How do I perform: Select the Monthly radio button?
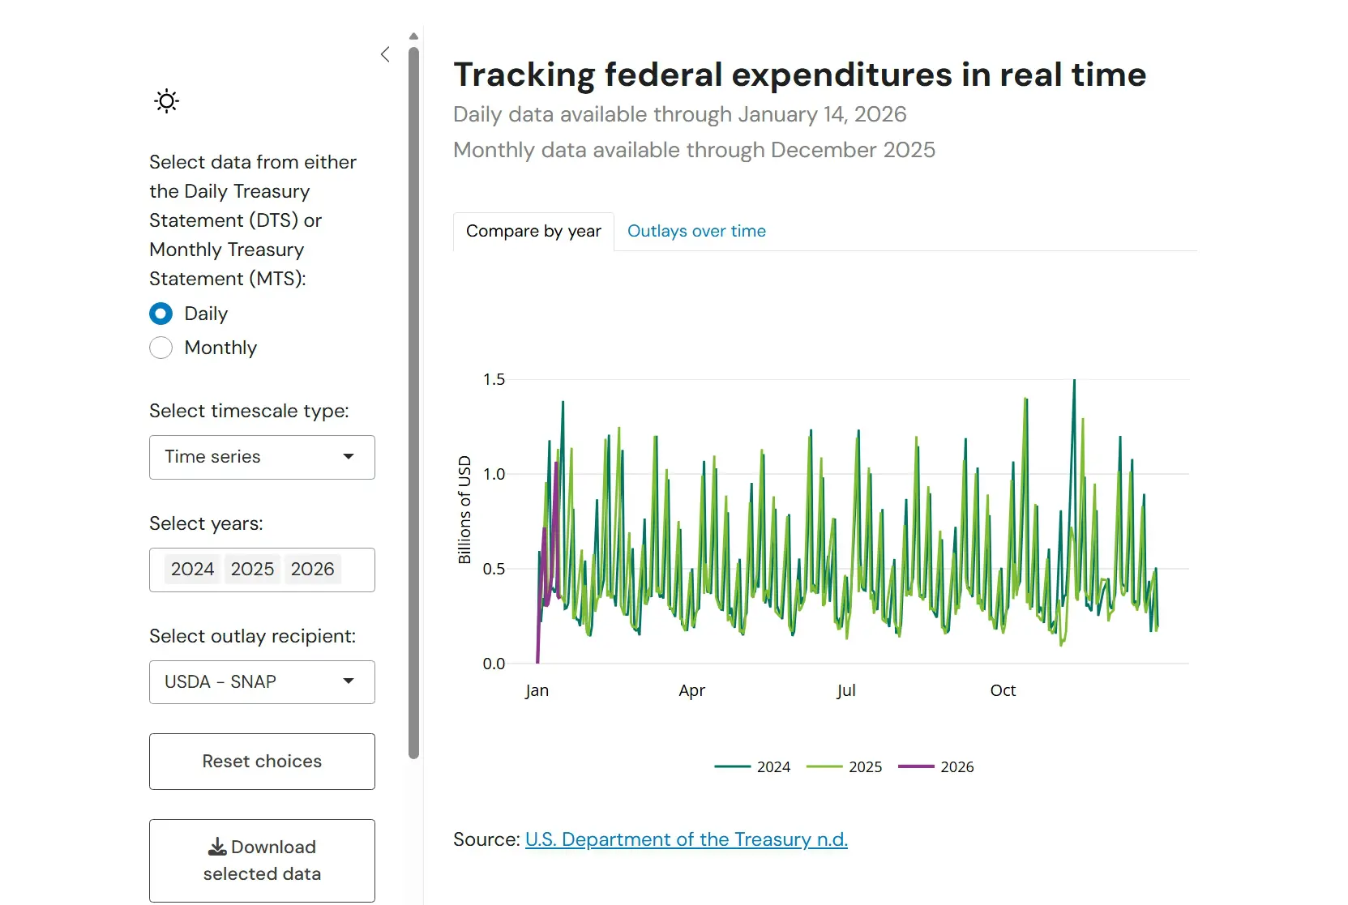click(x=161, y=348)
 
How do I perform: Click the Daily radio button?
click(x=161, y=314)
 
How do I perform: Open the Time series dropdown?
click(x=261, y=457)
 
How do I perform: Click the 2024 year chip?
click(x=192, y=570)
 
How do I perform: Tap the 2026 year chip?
click(x=312, y=570)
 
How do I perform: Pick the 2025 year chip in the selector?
click(x=252, y=570)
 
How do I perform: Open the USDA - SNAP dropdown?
click(x=261, y=682)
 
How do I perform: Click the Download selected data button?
click(x=261, y=860)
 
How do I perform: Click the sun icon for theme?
click(x=166, y=101)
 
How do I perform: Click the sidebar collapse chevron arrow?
click(x=385, y=54)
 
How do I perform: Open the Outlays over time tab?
click(x=696, y=231)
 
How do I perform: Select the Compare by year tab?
click(x=533, y=231)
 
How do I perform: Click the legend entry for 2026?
click(x=937, y=767)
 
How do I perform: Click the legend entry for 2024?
click(x=753, y=767)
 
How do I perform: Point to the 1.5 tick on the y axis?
click(x=494, y=379)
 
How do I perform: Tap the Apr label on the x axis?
click(x=691, y=690)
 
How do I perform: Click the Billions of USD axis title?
click(x=464, y=510)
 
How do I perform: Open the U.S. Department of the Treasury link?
click(x=686, y=839)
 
